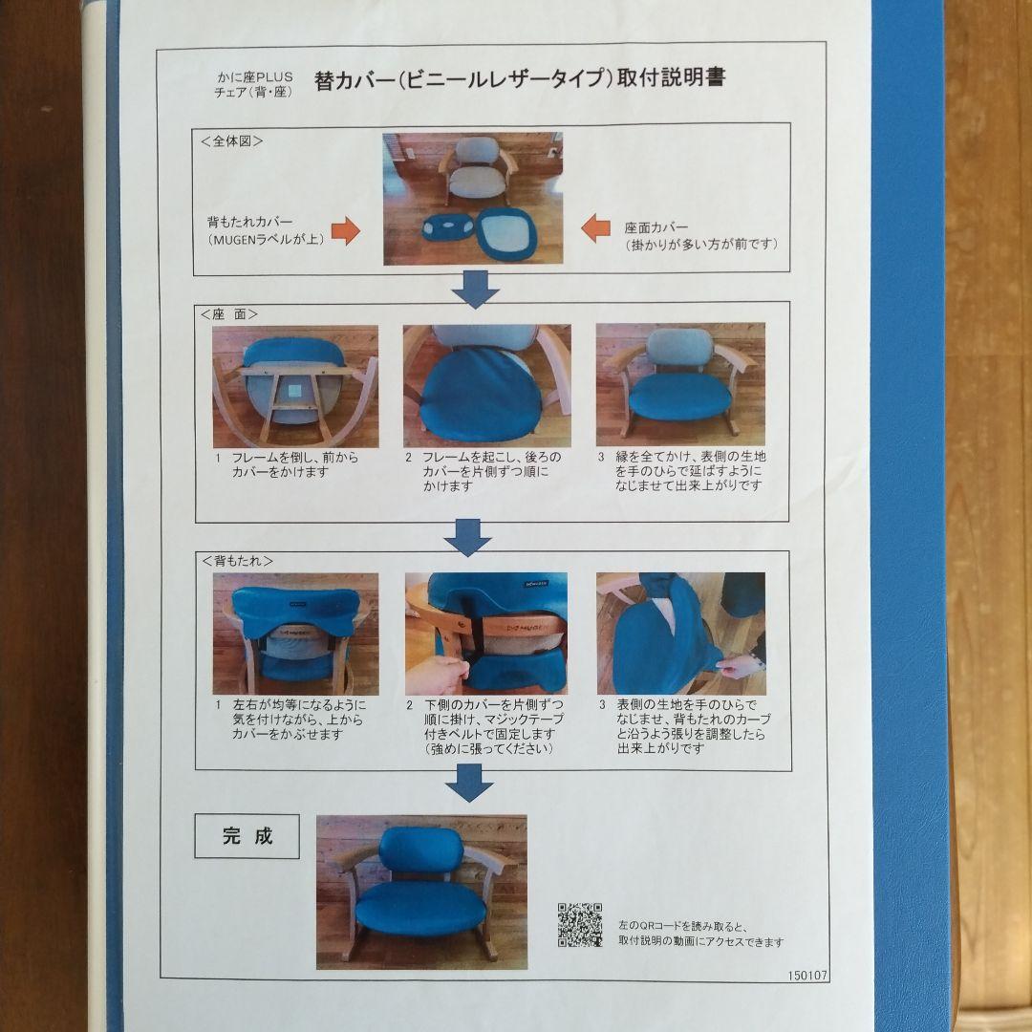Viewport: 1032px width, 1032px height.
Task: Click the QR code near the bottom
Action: pos(580,924)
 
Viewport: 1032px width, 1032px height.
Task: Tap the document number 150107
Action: pos(808,977)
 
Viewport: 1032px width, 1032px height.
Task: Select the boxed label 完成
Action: pos(247,836)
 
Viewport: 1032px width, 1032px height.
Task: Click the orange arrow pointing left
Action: pos(596,228)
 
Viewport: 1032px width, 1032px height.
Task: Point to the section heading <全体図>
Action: pos(232,140)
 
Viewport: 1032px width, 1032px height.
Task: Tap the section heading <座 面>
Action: pos(229,312)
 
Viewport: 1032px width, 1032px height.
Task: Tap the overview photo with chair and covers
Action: pos(472,199)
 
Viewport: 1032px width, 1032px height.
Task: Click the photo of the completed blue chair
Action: pos(421,891)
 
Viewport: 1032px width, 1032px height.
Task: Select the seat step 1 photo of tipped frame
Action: pos(294,385)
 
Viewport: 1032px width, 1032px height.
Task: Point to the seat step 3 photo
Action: pos(679,384)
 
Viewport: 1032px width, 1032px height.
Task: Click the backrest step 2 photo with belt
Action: pos(485,633)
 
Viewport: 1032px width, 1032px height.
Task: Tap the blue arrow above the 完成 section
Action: pos(469,786)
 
